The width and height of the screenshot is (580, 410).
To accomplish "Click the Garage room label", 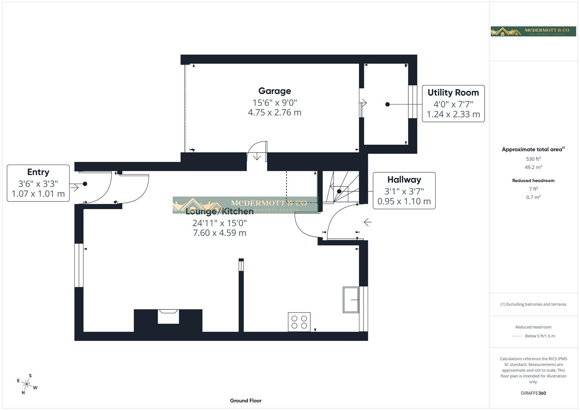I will [x=274, y=91].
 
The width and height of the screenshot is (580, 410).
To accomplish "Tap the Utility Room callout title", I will [x=453, y=93].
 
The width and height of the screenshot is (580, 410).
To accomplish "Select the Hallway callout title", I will [x=404, y=180].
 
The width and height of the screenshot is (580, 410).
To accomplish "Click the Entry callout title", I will [x=38, y=172].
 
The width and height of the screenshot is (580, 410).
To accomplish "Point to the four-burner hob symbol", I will [x=299, y=322].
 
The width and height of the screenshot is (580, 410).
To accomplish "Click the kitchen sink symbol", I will [x=351, y=300].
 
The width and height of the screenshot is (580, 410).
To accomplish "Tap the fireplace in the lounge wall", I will [x=168, y=316].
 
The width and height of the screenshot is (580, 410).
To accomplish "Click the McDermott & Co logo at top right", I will [x=533, y=32].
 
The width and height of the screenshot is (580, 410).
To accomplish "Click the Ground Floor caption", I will [x=245, y=401].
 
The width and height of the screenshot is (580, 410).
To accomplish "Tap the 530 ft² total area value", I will [x=533, y=159].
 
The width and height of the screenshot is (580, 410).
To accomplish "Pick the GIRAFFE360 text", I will [x=533, y=393].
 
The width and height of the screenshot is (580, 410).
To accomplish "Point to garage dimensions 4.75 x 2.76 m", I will [x=274, y=113].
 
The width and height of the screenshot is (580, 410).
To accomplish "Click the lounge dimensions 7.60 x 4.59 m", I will [x=220, y=233].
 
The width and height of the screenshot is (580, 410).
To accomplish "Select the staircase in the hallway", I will [x=340, y=188].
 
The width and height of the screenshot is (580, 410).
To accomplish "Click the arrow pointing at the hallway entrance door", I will [x=367, y=222].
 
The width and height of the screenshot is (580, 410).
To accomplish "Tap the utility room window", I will [x=412, y=102].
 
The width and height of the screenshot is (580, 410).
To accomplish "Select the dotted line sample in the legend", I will [x=517, y=336].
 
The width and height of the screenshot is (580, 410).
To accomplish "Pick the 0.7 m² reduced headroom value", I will [x=533, y=197].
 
